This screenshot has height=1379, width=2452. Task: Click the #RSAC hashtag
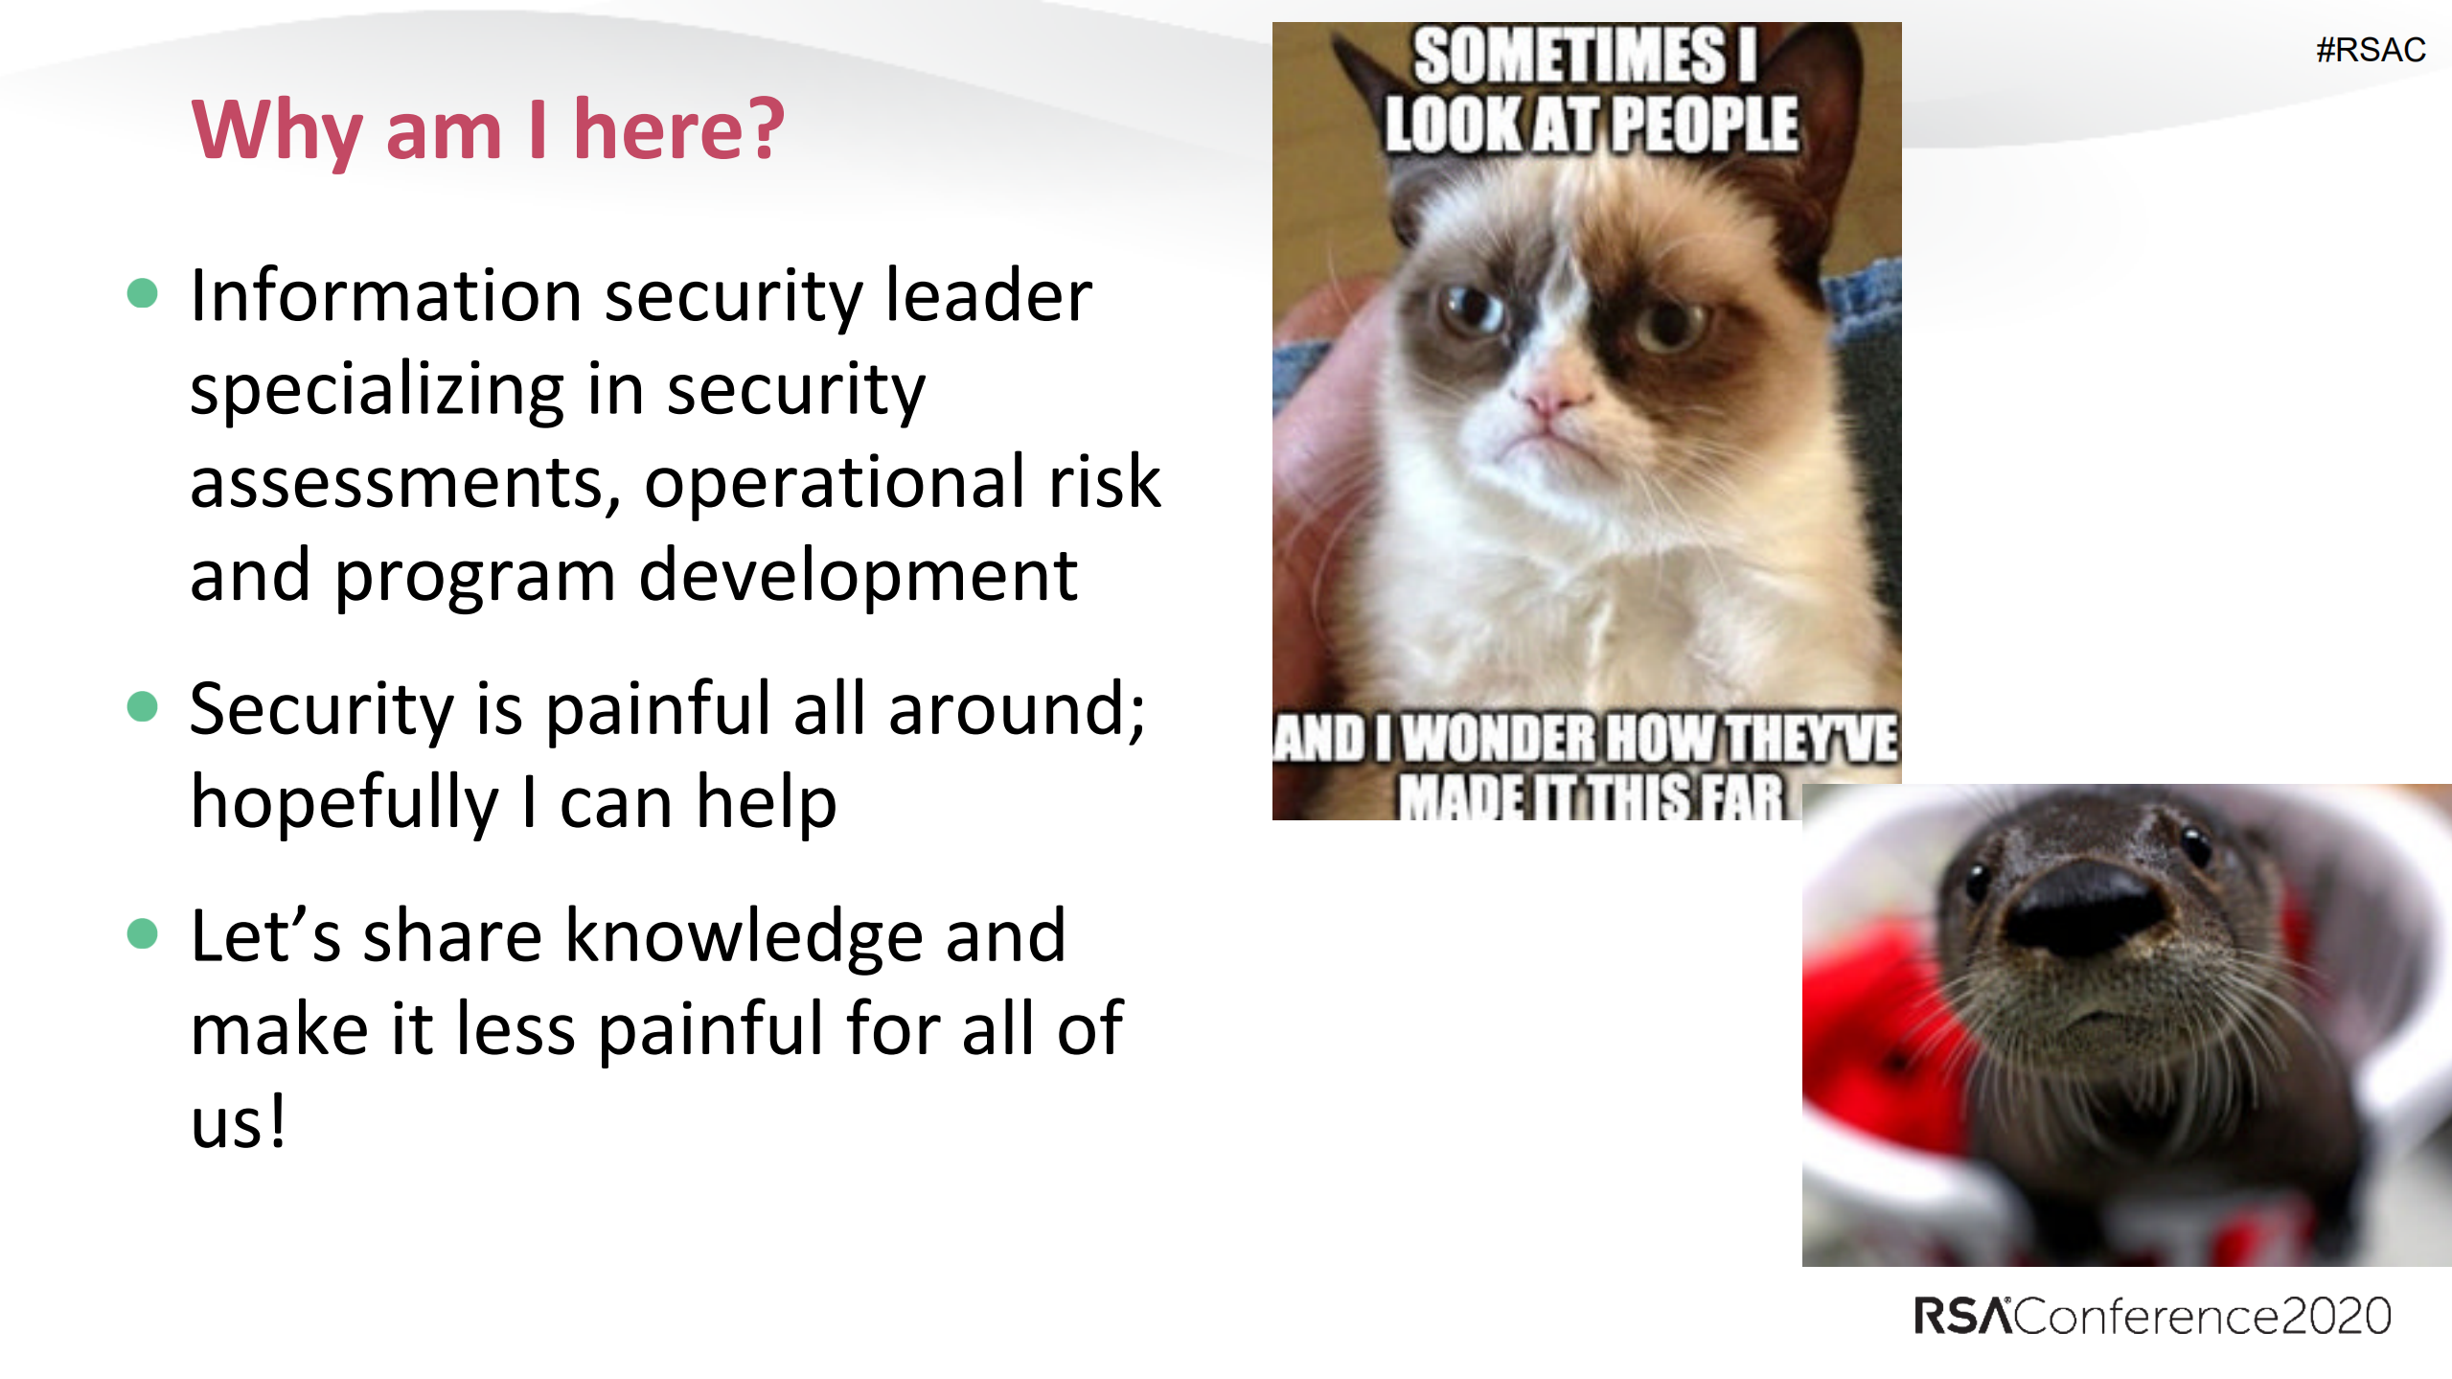(2371, 50)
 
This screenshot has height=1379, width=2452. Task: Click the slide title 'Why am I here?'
(488, 131)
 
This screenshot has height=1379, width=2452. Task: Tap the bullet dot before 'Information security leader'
(142, 293)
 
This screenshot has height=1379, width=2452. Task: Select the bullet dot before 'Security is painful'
(142, 706)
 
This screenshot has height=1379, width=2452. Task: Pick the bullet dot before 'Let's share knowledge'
(142, 933)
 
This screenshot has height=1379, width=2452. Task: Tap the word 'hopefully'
(345, 803)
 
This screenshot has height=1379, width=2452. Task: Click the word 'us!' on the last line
(238, 1121)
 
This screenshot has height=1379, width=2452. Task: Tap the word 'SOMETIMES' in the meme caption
(1570, 56)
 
